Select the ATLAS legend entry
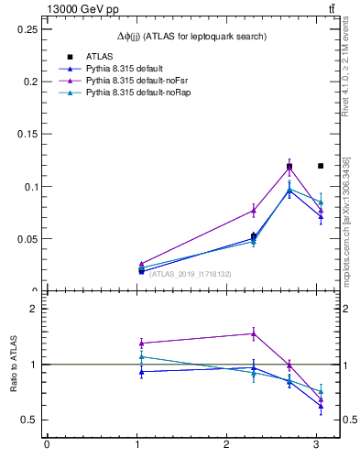click(99, 57)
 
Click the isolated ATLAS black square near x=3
click(321, 166)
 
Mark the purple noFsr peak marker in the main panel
click(289, 168)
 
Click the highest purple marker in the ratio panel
click(253, 333)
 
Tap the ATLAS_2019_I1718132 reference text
click(190, 274)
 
